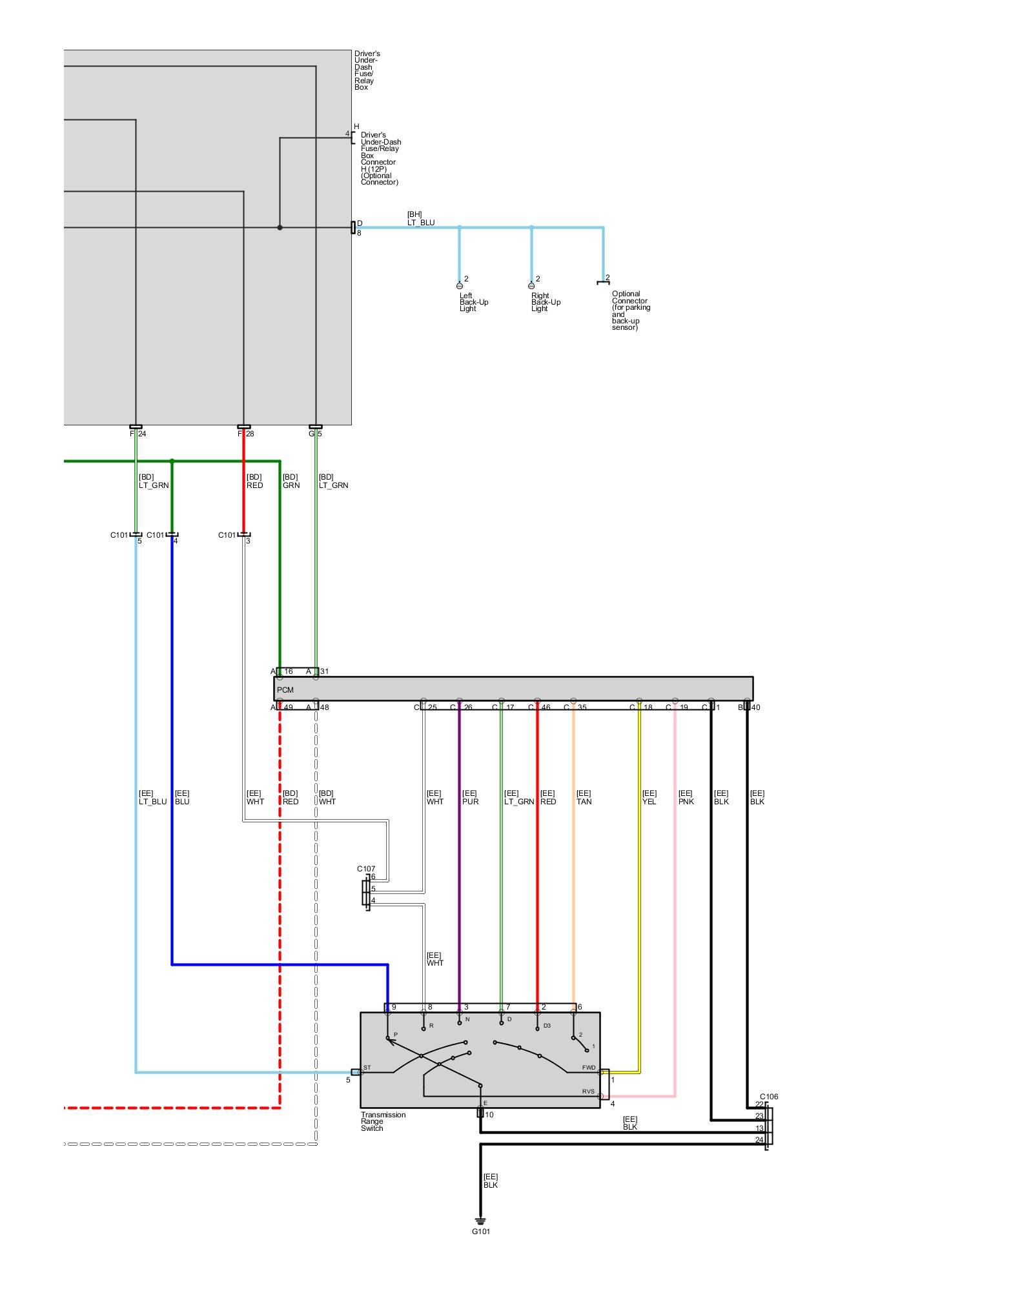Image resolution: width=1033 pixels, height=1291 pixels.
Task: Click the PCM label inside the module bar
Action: (x=285, y=690)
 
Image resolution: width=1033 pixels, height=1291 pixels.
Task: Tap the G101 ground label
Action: (x=480, y=1231)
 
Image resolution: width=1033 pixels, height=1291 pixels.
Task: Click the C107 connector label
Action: (x=366, y=869)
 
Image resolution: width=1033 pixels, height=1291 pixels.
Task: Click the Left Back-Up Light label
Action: (x=473, y=302)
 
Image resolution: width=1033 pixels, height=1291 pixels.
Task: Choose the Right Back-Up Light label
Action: (x=546, y=302)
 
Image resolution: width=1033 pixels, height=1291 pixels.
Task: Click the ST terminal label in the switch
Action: (x=367, y=1068)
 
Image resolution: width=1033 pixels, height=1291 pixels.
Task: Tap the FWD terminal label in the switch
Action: (x=588, y=1068)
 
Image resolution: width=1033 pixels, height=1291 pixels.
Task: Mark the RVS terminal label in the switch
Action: (x=588, y=1092)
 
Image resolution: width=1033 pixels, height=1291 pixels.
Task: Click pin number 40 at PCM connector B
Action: (x=755, y=707)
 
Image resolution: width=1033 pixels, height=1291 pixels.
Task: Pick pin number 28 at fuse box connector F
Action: (x=249, y=434)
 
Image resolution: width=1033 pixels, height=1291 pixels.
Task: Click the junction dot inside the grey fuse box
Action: (x=280, y=227)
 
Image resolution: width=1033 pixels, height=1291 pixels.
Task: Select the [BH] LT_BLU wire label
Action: (x=420, y=219)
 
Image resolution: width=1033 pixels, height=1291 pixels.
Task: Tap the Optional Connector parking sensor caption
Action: (x=630, y=310)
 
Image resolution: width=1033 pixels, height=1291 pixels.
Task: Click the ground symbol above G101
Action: (x=480, y=1221)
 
